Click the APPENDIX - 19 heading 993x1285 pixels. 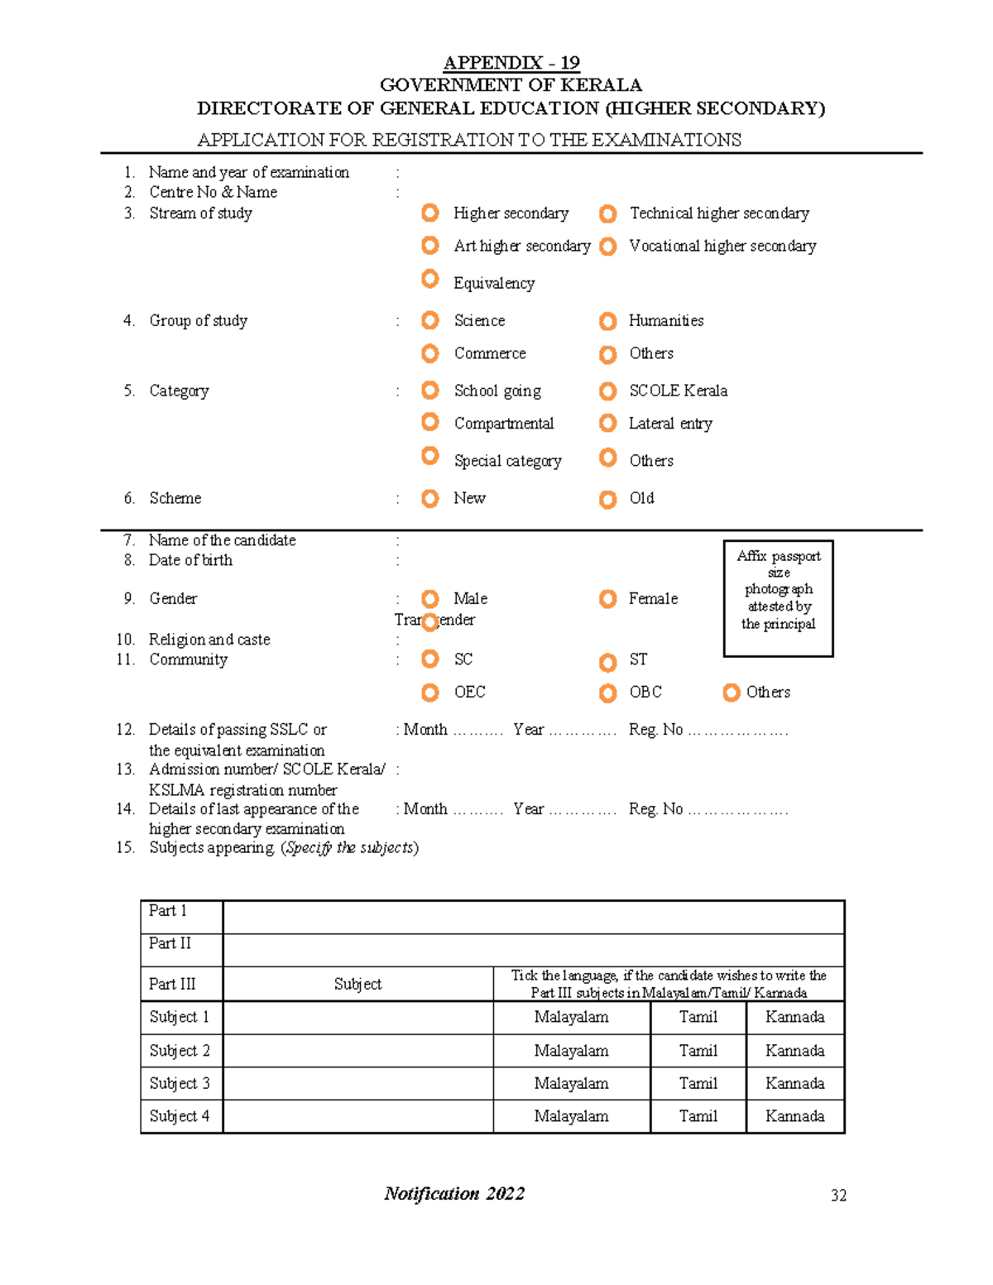(511, 63)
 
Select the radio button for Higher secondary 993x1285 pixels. (430, 213)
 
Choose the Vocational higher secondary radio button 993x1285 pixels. (608, 247)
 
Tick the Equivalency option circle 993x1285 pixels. (430, 279)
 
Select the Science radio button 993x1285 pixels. (430, 320)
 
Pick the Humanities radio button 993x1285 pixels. (608, 321)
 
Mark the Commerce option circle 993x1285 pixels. (430, 354)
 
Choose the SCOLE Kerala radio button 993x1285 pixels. (608, 391)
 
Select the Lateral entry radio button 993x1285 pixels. (608, 424)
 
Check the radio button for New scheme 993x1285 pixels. (430, 498)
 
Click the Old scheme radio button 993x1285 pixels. (608, 499)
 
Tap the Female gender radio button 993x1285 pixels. (608, 598)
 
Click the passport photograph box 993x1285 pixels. (778, 598)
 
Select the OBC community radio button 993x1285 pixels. (608, 693)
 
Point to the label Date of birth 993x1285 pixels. (190, 560)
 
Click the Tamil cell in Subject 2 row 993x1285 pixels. (698, 1051)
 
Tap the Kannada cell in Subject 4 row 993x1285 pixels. (794, 1116)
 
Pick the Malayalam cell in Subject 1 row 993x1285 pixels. (571, 1018)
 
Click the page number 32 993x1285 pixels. (838, 1195)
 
